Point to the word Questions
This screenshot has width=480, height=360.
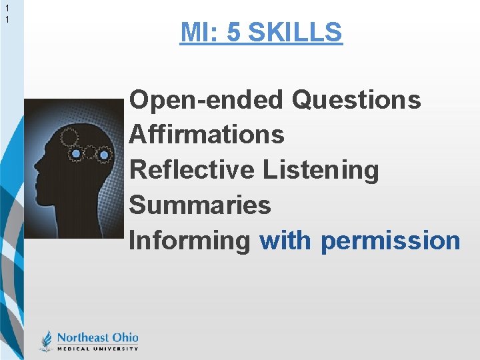coord(357,100)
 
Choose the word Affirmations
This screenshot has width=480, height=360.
coord(207,135)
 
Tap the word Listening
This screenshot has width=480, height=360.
coord(321,170)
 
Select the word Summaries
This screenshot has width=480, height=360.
coord(200,205)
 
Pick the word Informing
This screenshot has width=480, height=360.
coord(189,241)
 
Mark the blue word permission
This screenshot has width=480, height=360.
coord(390,241)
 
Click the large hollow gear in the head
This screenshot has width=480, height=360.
coord(70,138)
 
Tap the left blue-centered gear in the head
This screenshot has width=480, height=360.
coord(77,154)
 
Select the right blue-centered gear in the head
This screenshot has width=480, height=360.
coord(104,155)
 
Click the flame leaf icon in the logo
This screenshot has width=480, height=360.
coord(46,341)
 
